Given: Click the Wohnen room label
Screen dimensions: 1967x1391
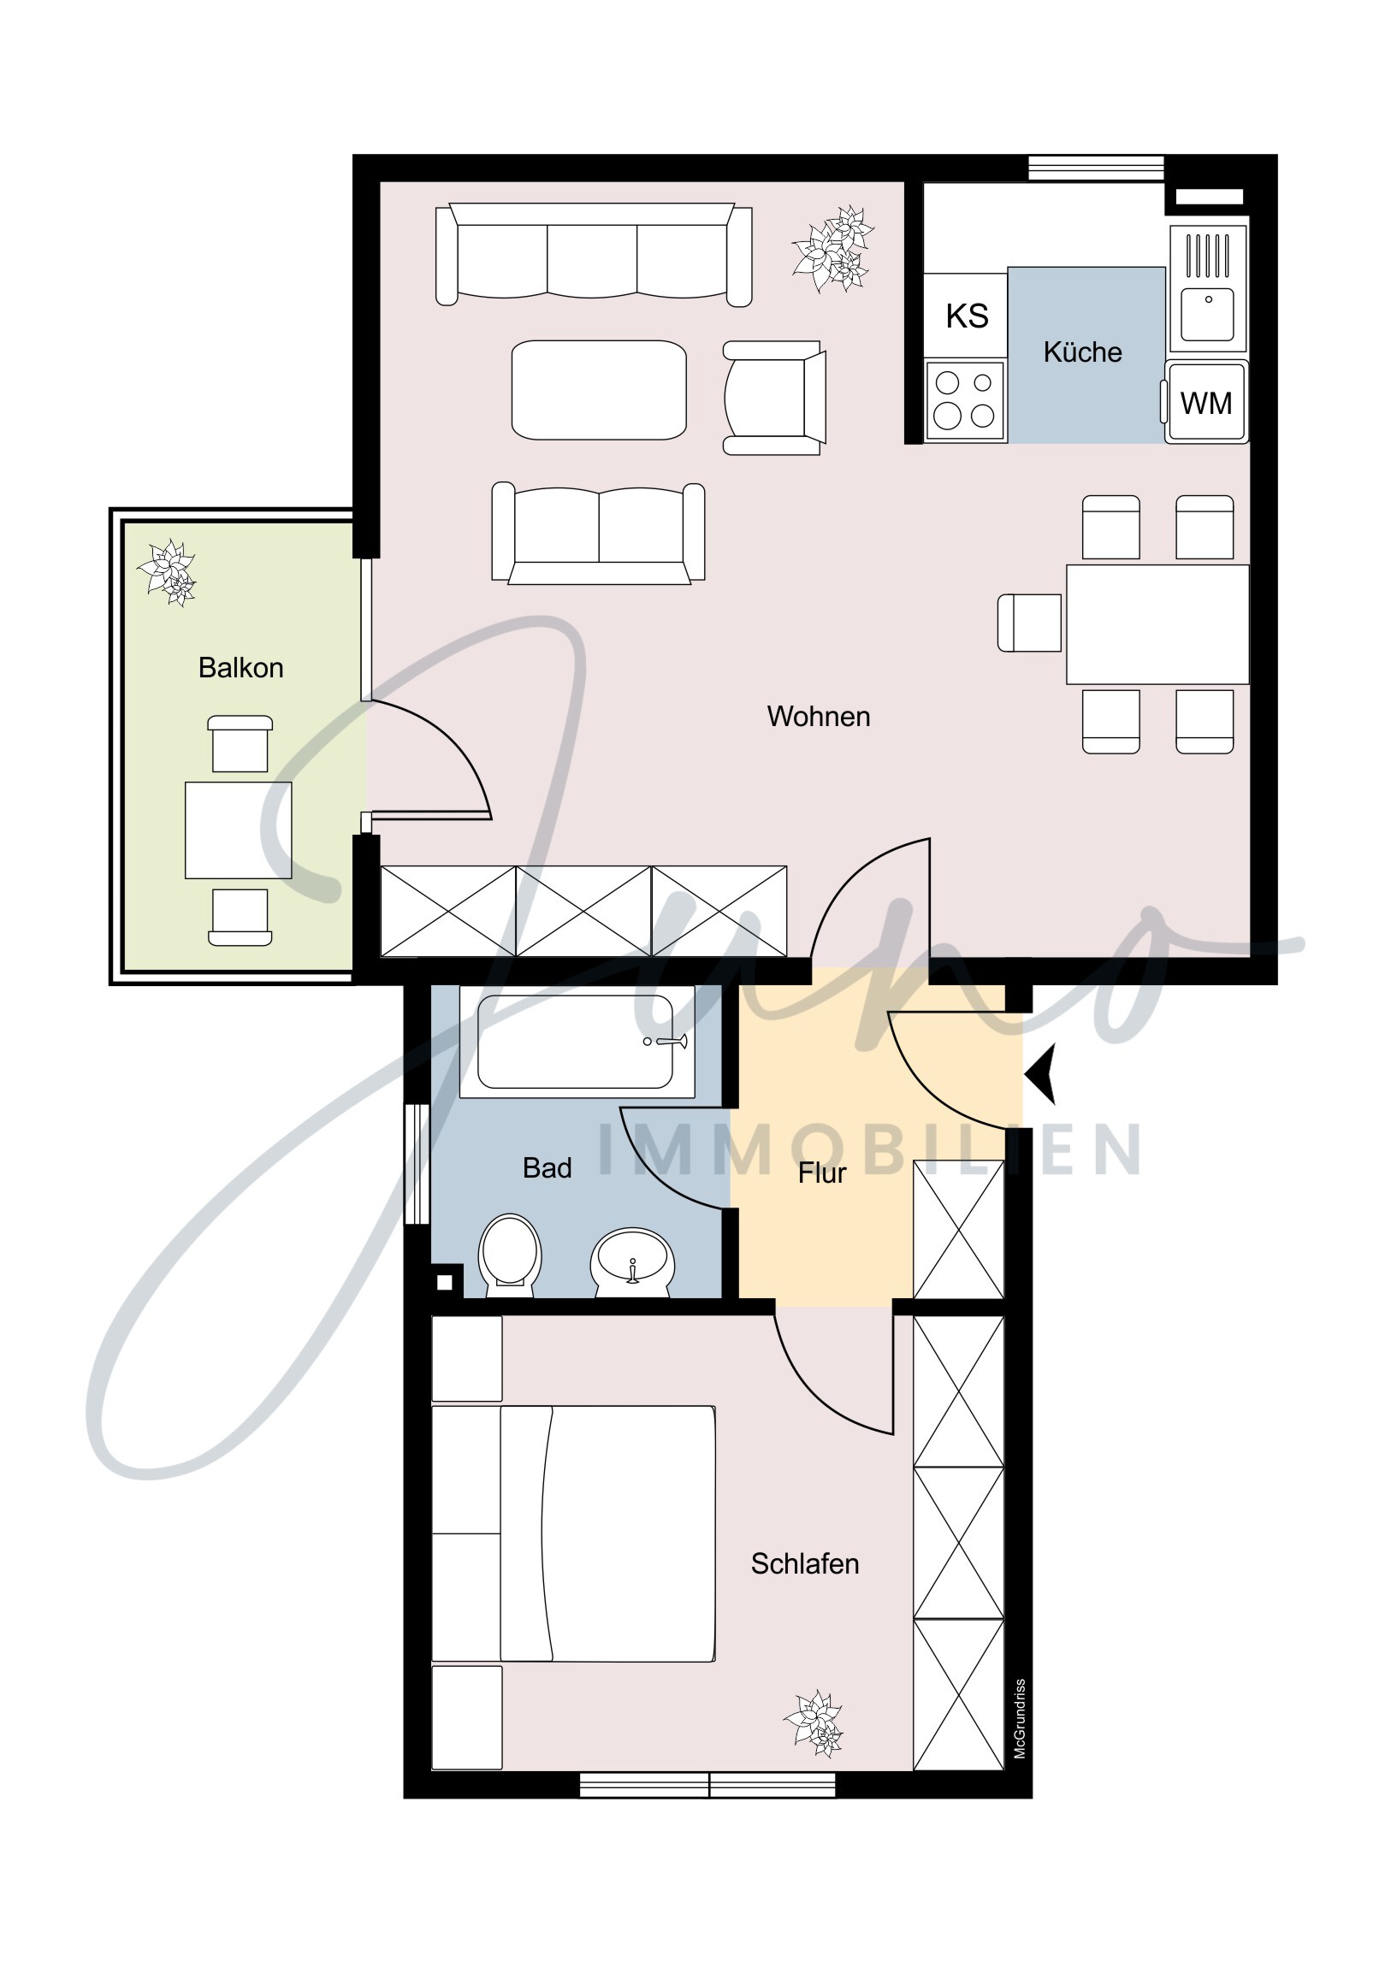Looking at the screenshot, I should point(818,716).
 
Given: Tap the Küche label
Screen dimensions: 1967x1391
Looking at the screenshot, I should point(1081,352).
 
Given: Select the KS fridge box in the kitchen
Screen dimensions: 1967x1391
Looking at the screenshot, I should point(966,316).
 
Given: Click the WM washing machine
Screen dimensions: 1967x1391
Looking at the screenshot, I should point(1205,403).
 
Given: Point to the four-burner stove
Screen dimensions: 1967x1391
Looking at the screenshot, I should point(964,400).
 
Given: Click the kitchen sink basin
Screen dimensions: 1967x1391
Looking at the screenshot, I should point(1207,316).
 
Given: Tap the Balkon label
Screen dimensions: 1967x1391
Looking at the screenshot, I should point(240,667).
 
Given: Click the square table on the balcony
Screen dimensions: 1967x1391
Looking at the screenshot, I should point(239,830).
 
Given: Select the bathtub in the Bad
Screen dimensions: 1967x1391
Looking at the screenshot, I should point(576,1041).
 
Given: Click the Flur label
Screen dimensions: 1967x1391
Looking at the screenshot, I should point(821,1173).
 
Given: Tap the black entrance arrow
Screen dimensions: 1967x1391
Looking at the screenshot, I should point(1041,1073).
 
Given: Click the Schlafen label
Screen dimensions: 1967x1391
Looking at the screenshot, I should point(804,1563).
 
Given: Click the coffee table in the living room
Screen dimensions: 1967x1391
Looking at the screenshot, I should point(598,390).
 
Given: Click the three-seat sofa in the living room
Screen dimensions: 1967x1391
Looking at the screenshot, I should point(593,255).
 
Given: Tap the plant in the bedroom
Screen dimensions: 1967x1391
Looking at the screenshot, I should point(814,1722).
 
